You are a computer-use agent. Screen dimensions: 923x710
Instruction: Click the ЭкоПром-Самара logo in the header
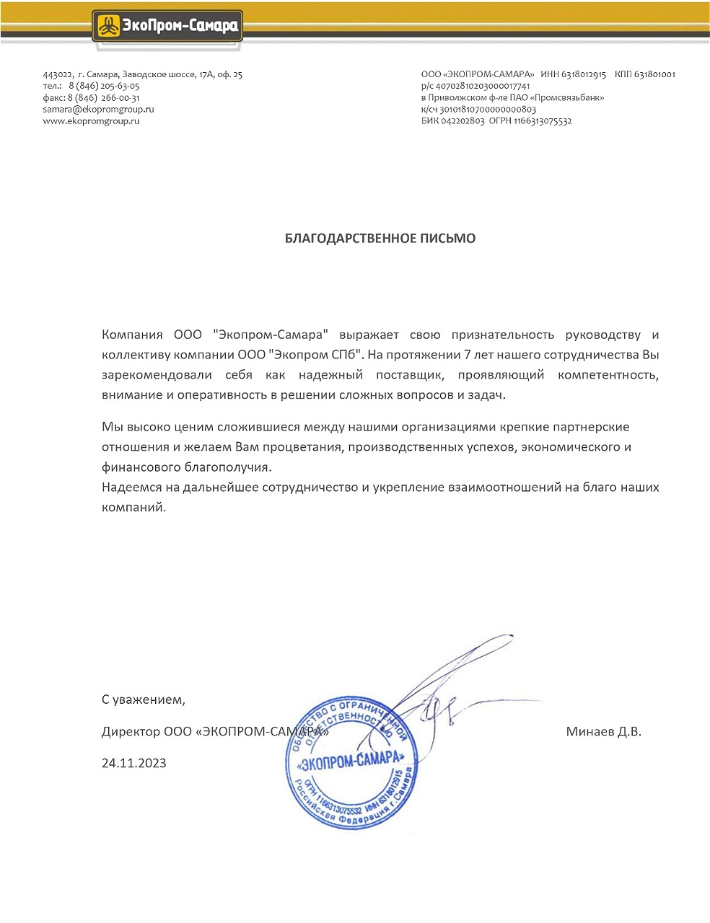167,27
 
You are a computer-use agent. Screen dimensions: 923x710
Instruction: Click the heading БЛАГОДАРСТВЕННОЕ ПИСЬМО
380,238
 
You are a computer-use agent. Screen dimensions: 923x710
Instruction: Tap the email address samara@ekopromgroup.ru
99,109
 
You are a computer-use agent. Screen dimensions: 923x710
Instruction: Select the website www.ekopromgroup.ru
91,121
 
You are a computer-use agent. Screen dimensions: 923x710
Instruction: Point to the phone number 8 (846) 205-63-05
104,86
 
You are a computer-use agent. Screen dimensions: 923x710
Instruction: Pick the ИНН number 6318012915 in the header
584,74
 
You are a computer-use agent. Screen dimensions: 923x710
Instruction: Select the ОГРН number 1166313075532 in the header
543,121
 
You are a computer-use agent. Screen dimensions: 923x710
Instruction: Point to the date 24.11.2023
134,763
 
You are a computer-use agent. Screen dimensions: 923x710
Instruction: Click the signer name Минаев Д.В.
603,731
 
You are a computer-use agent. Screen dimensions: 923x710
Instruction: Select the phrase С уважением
144,699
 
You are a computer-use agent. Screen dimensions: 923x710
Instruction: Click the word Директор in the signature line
131,731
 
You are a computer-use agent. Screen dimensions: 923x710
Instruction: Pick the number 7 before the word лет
470,355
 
